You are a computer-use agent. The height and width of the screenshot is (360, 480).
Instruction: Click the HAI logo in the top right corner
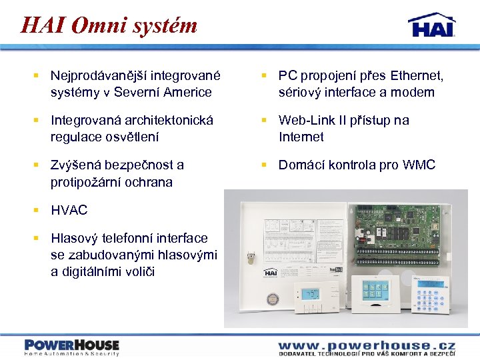click(431, 25)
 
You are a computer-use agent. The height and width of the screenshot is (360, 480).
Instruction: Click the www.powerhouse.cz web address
click(367, 345)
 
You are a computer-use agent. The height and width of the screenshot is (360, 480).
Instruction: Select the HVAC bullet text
click(69, 210)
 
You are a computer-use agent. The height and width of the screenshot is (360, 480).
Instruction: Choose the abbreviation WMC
click(419, 165)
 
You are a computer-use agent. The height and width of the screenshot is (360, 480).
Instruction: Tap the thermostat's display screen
click(311, 293)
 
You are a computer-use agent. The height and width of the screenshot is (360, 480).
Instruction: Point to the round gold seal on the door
click(271, 299)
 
